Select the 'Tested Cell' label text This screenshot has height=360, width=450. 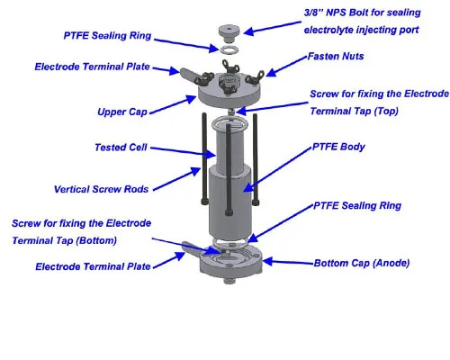coord(121,147)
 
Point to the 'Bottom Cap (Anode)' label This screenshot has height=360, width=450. coord(358,264)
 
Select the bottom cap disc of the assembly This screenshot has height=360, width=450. coord(229,261)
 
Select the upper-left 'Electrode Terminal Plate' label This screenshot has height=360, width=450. coord(92,67)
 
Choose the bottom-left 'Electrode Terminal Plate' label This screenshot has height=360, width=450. coord(92,266)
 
